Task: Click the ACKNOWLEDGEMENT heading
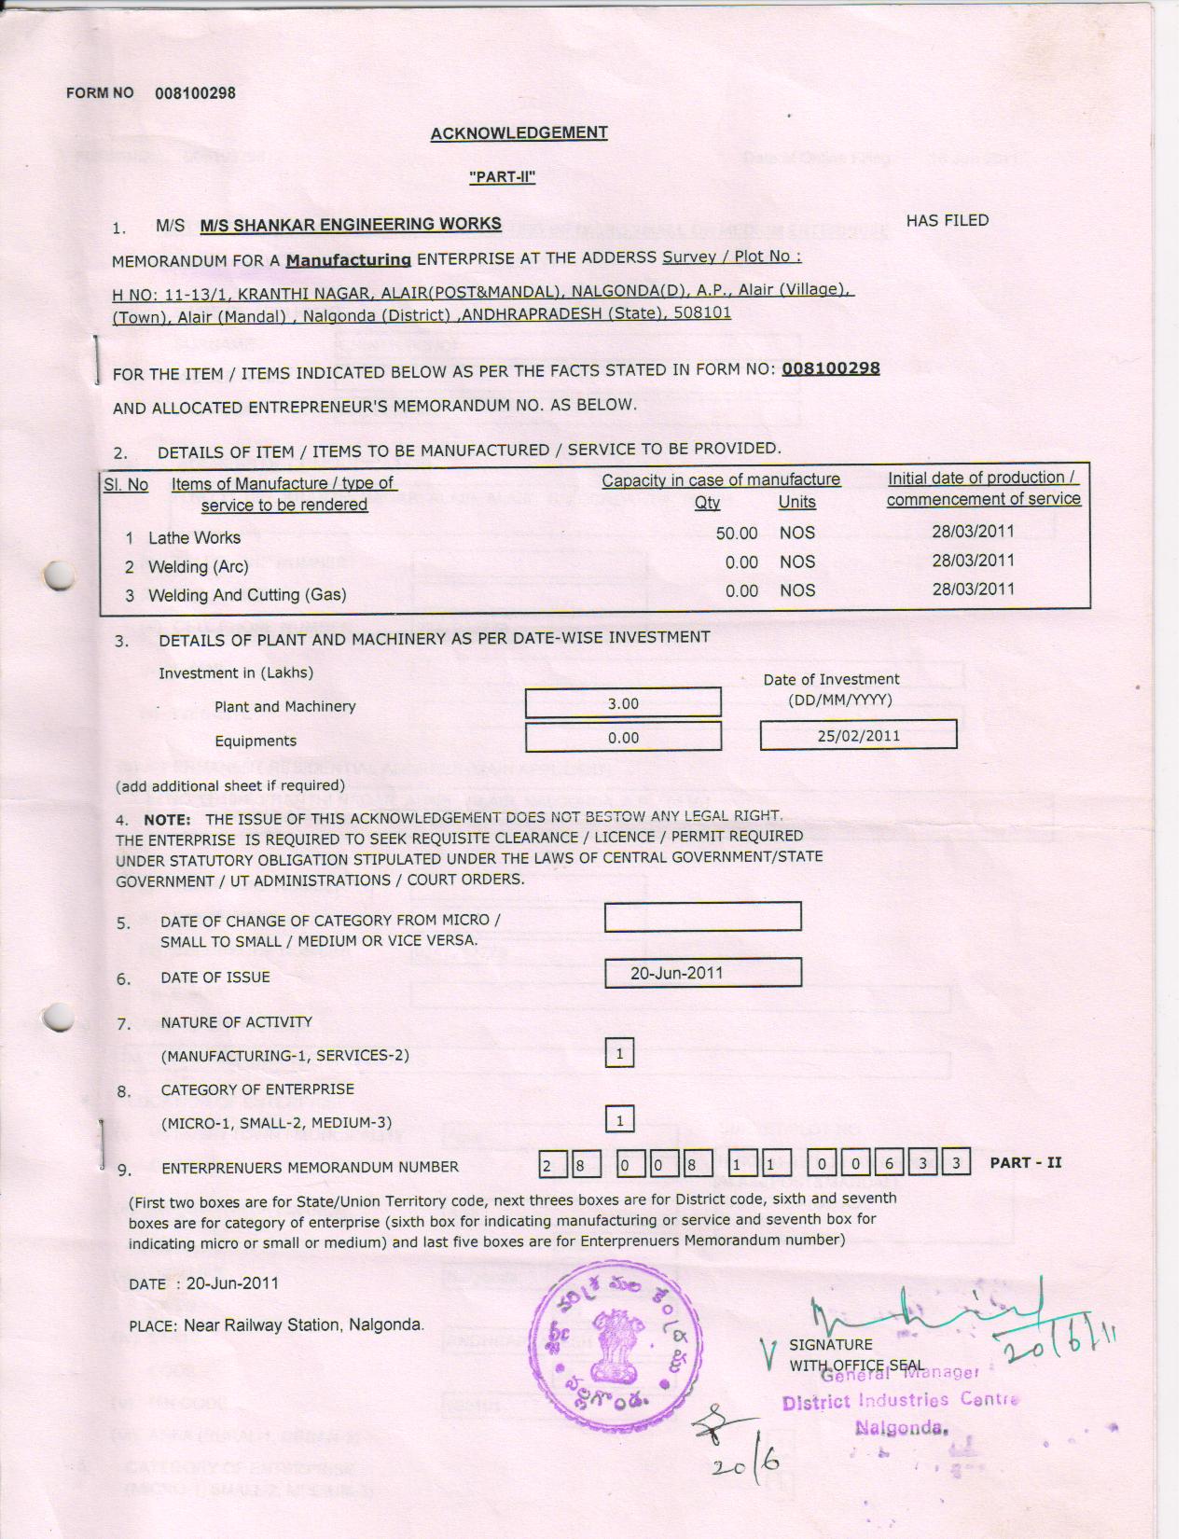click(x=519, y=133)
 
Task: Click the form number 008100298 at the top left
click(x=195, y=93)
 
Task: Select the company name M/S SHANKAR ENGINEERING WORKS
click(x=351, y=225)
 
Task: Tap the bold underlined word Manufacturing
click(x=348, y=260)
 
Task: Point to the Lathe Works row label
click(x=194, y=538)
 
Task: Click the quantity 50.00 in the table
click(x=737, y=534)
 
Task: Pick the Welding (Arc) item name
click(x=198, y=567)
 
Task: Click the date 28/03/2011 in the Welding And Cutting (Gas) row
click(x=973, y=589)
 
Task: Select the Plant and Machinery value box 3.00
click(x=623, y=703)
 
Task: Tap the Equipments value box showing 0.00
click(x=623, y=738)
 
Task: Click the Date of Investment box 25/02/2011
click(x=858, y=736)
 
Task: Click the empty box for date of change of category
click(x=702, y=917)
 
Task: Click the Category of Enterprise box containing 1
click(x=619, y=1120)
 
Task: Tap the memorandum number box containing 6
click(x=889, y=1164)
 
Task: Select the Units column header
click(x=796, y=503)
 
